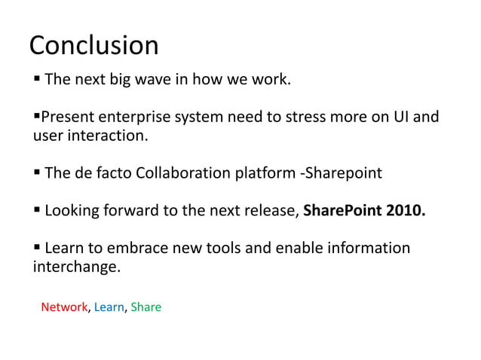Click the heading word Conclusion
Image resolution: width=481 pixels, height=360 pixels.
[x=93, y=46]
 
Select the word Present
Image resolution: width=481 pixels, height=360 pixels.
[x=67, y=117]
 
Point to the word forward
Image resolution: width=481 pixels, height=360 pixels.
[x=131, y=211]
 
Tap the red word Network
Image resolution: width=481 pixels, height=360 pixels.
[x=64, y=307]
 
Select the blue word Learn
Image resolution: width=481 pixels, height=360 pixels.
[x=109, y=307]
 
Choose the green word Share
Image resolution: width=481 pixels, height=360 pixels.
[x=146, y=307]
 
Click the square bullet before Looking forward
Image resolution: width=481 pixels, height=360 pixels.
[x=36, y=211]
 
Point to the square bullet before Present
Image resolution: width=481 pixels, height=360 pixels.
[x=36, y=117]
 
